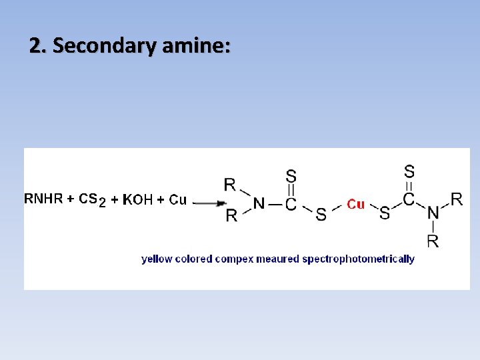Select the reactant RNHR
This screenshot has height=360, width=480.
click(x=43, y=199)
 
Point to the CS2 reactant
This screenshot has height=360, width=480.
click(x=92, y=199)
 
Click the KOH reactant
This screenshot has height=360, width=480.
click(x=138, y=199)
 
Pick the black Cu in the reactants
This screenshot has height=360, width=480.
click(x=177, y=199)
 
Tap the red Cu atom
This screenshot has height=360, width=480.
click(x=355, y=204)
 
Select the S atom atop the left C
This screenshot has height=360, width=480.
click(x=291, y=175)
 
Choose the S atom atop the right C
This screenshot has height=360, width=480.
click(x=409, y=171)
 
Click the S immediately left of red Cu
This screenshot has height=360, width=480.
click(x=321, y=214)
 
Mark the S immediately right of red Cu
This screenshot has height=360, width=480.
click(x=385, y=213)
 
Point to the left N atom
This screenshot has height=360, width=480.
click(x=259, y=204)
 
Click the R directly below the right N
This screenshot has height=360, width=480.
click(x=433, y=241)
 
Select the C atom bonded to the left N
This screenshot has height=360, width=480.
click(x=291, y=204)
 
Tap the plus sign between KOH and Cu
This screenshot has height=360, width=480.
click(x=160, y=199)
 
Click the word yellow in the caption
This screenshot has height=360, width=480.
click(x=157, y=259)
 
